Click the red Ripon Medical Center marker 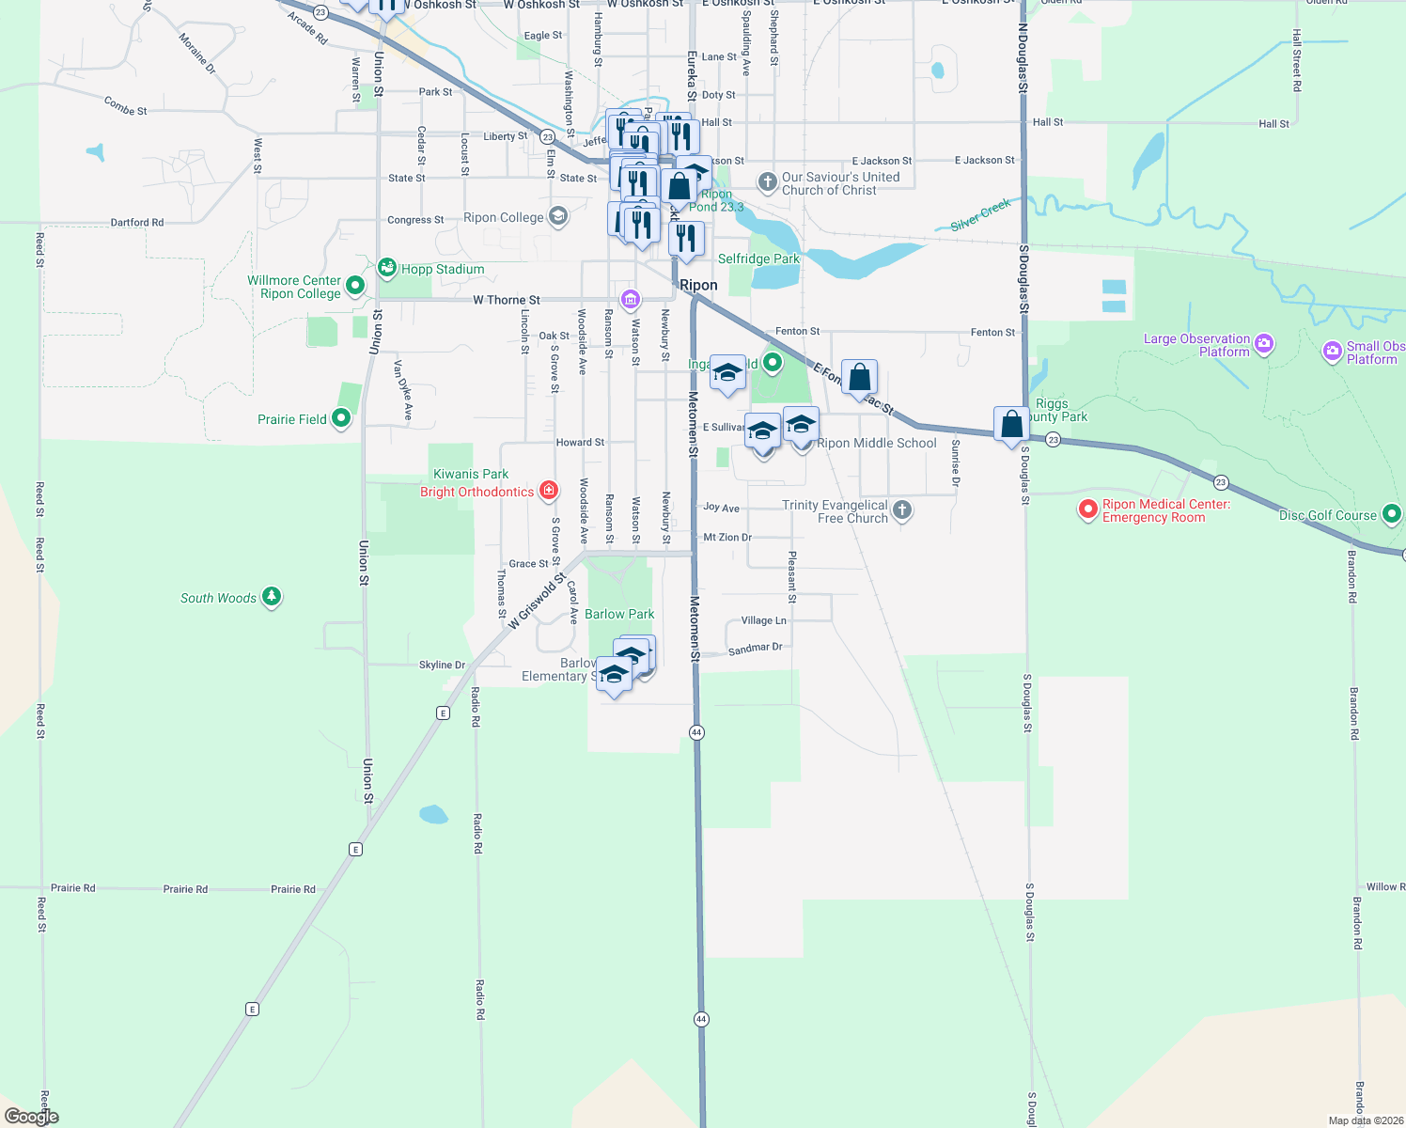[x=1088, y=509]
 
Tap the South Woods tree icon [x=272, y=596]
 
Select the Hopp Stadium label [x=443, y=269]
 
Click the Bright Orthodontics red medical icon [x=549, y=491]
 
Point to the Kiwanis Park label [x=471, y=474]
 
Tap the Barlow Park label [x=619, y=614]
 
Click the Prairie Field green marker [x=341, y=418]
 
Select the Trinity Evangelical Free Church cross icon [x=902, y=510]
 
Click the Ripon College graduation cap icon [x=558, y=217]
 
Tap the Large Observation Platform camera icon [x=1264, y=344]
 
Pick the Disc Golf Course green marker [x=1392, y=514]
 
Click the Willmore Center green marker [x=355, y=285]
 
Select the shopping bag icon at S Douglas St [x=1011, y=424]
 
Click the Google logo [x=32, y=1117]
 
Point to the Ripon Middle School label [x=877, y=443]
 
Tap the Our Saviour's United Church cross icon [x=768, y=180]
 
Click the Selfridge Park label [x=758, y=258]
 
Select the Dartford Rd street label [x=137, y=223]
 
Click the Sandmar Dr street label [x=755, y=649]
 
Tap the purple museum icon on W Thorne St [x=631, y=300]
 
